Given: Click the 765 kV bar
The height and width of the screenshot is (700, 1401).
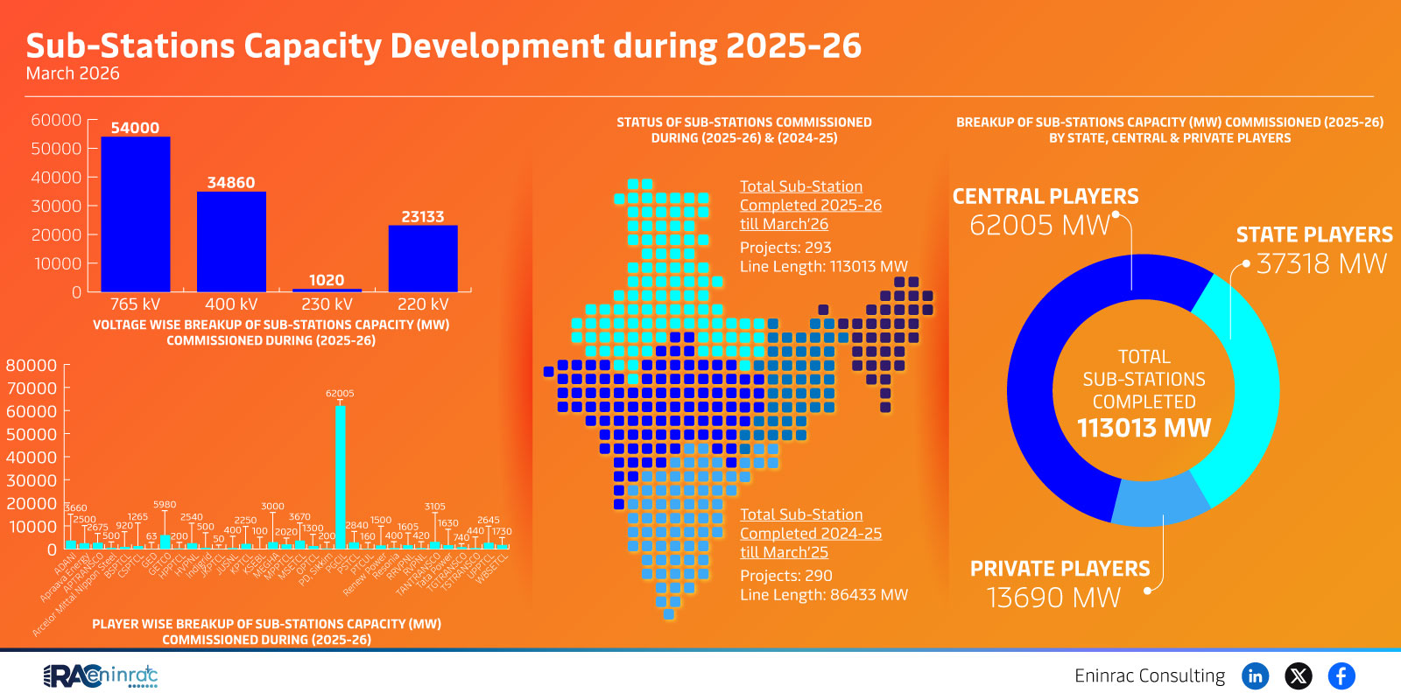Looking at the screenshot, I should click(136, 214).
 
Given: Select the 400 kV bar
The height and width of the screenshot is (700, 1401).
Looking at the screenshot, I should click(231, 241).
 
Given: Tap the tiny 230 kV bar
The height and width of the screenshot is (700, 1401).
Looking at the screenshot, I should click(327, 290).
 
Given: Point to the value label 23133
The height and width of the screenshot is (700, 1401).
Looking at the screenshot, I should click(423, 216).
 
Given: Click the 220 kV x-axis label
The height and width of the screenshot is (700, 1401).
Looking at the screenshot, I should click(423, 304).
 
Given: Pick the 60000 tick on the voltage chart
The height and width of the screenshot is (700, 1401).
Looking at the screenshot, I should click(56, 120).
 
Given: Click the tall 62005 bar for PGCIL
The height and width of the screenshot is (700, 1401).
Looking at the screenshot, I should click(340, 477).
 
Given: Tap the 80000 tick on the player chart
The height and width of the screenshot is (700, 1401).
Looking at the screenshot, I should click(32, 366).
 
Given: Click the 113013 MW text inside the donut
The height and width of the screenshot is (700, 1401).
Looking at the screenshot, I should click(1144, 428).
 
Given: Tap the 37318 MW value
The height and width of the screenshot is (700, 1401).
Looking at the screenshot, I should click(1321, 263).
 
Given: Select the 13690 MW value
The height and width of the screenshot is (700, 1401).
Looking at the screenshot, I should click(1053, 598).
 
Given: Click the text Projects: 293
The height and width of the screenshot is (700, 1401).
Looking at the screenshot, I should click(785, 248).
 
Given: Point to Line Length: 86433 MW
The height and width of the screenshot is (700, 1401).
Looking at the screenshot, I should click(823, 595).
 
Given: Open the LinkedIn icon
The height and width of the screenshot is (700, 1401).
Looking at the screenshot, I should click(1255, 675).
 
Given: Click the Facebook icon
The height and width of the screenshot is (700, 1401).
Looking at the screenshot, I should click(1341, 675).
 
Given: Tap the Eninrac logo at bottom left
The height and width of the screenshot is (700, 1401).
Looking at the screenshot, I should click(100, 675).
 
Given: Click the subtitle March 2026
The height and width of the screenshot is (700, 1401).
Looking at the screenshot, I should click(73, 73).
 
